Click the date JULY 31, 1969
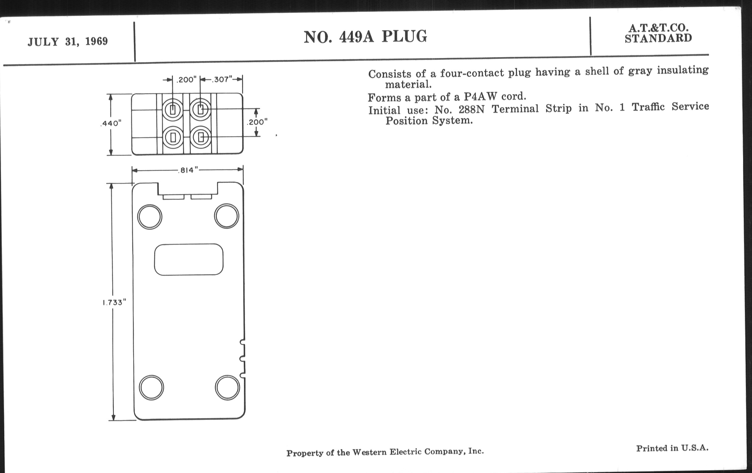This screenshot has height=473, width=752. tap(68, 41)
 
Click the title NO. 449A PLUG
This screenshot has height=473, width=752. tap(365, 37)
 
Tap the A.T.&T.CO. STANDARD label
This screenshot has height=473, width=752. tap(658, 33)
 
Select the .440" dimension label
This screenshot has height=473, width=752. tap(111, 123)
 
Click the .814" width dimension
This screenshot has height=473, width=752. tap(188, 170)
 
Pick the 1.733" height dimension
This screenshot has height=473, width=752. tap(114, 302)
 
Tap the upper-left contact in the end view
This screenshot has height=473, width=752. tap(173, 109)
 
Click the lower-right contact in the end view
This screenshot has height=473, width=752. tap(200, 137)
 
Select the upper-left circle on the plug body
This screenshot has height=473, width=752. tap(150, 217)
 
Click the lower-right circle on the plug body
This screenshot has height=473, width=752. tap(227, 387)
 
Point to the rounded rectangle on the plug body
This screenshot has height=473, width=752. tap(189, 259)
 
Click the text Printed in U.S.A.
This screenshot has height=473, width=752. tap(672, 448)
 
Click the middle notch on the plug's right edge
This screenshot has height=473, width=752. tap(242, 359)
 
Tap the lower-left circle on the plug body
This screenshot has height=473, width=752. tap(151, 387)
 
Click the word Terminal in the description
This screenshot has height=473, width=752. tap(515, 109)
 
